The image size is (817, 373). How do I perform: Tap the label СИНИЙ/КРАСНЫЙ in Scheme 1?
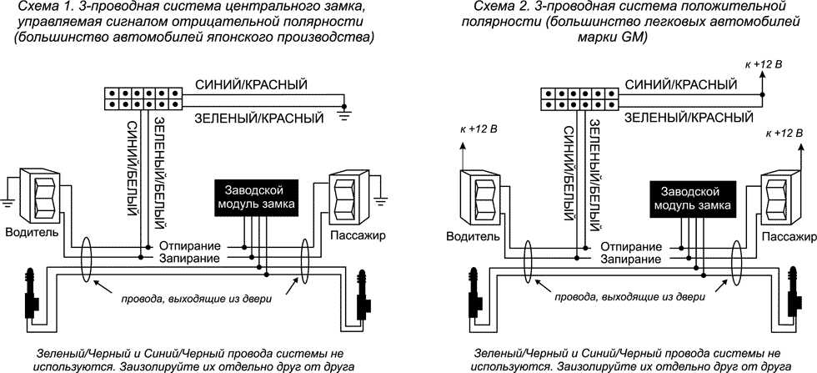(250, 85)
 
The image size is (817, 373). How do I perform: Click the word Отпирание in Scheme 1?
(189, 247)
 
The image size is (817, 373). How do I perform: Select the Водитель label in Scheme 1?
(31, 232)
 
